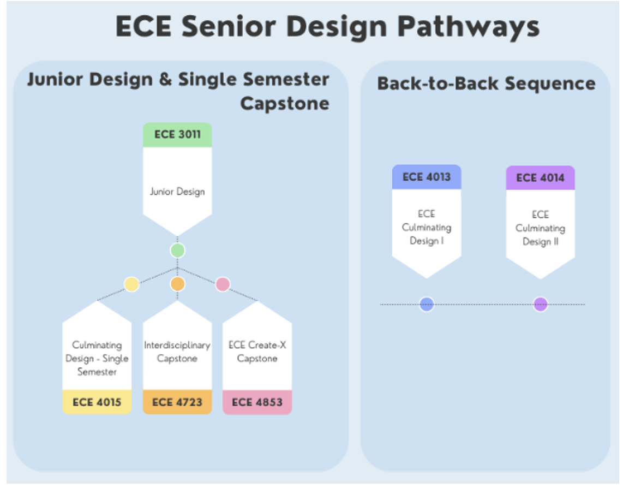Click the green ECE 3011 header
click(x=177, y=135)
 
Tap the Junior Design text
click(x=177, y=192)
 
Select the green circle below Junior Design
click(x=178, y=251)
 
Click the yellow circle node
click(x=131, y=284)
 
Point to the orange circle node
click(x=178, y=284)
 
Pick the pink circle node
click(x=223, y=284)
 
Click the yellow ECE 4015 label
click(x=97, y=402)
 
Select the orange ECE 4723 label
click(x=177, y=402)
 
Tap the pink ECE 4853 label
click(x=257, y=402)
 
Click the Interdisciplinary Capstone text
click(x=177, y=352)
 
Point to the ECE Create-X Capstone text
click(x=257, y=352)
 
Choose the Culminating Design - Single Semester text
click(x=97, y=358)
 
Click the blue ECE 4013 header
click(x=426, y=177)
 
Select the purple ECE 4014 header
click(x=541, y=178)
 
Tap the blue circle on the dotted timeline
click(x=427, y=304)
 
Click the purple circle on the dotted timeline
click(x=541, y=304)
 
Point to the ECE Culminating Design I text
click(x=426, y=228)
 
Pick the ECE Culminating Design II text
click(x=541, y=228)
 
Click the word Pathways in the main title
click(x=469, y=27)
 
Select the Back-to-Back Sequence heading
click(x=486, y=84)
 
